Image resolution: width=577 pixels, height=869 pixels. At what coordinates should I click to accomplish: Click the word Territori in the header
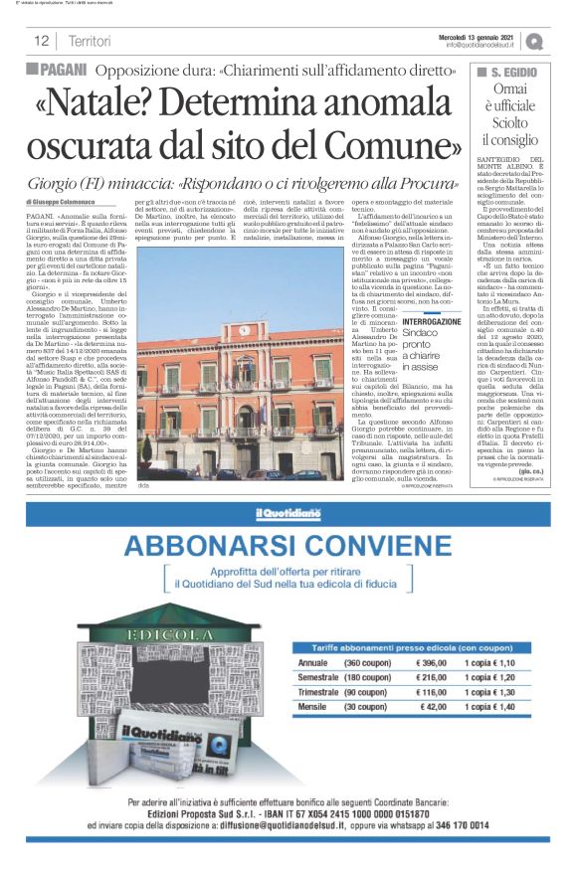pos(91,41)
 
